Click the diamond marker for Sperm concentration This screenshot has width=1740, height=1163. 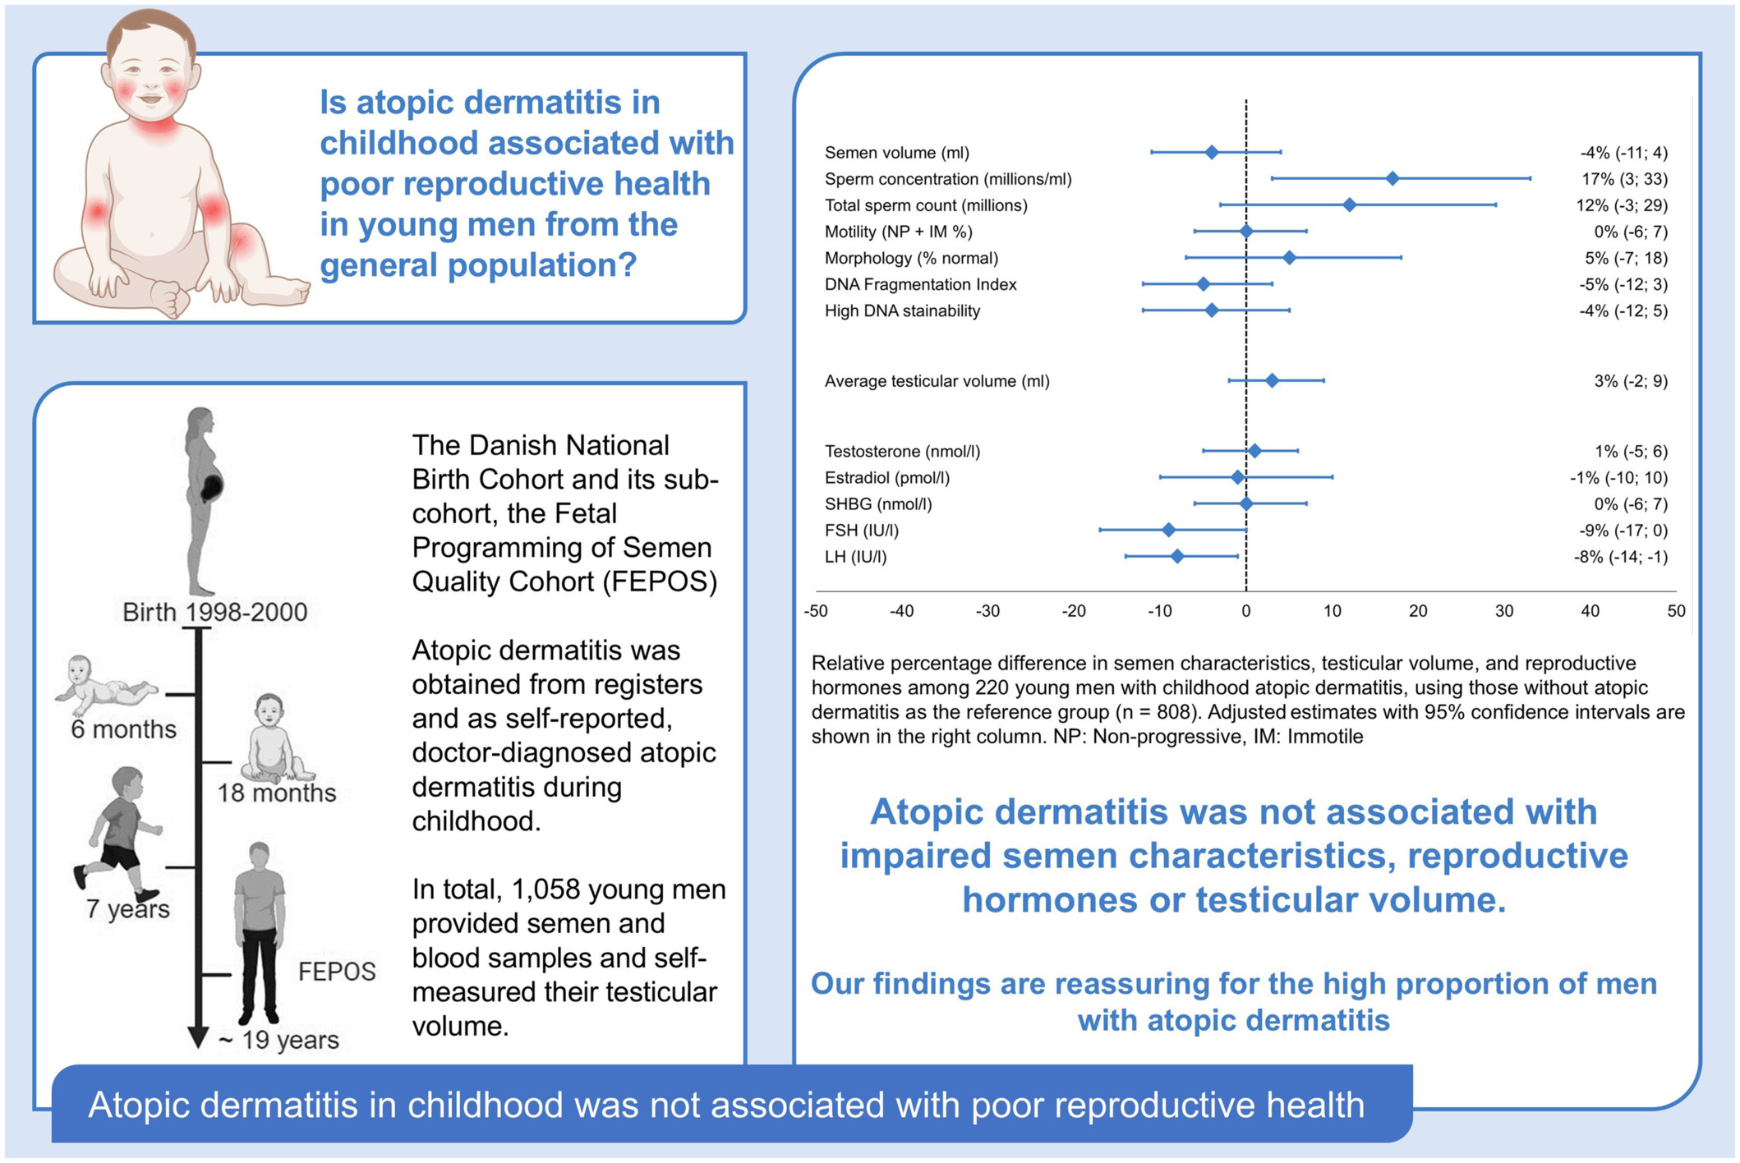point(1392,178)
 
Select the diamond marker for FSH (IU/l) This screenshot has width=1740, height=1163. point(1169,530)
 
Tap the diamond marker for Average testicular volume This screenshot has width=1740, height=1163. point(1272,380)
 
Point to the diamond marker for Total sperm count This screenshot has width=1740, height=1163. point(1350,205)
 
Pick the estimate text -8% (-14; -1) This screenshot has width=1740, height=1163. point(1620,556)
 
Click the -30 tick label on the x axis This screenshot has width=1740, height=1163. point(987,611)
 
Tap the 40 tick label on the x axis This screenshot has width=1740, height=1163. point(1590,611)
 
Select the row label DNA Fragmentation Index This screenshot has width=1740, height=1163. point(920,284)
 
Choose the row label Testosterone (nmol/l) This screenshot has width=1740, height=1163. point(902,451)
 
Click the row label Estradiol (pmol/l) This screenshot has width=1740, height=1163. point(886,477)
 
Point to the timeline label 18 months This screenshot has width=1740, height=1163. point(277,793)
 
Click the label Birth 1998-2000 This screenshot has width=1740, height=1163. point(214,612)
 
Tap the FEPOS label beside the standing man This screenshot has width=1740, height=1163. point(337,972)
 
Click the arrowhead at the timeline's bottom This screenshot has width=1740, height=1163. point(198,1037)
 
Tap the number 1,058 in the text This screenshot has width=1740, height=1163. point(546,889)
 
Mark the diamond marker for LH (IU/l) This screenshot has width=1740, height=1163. point(1177,556)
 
